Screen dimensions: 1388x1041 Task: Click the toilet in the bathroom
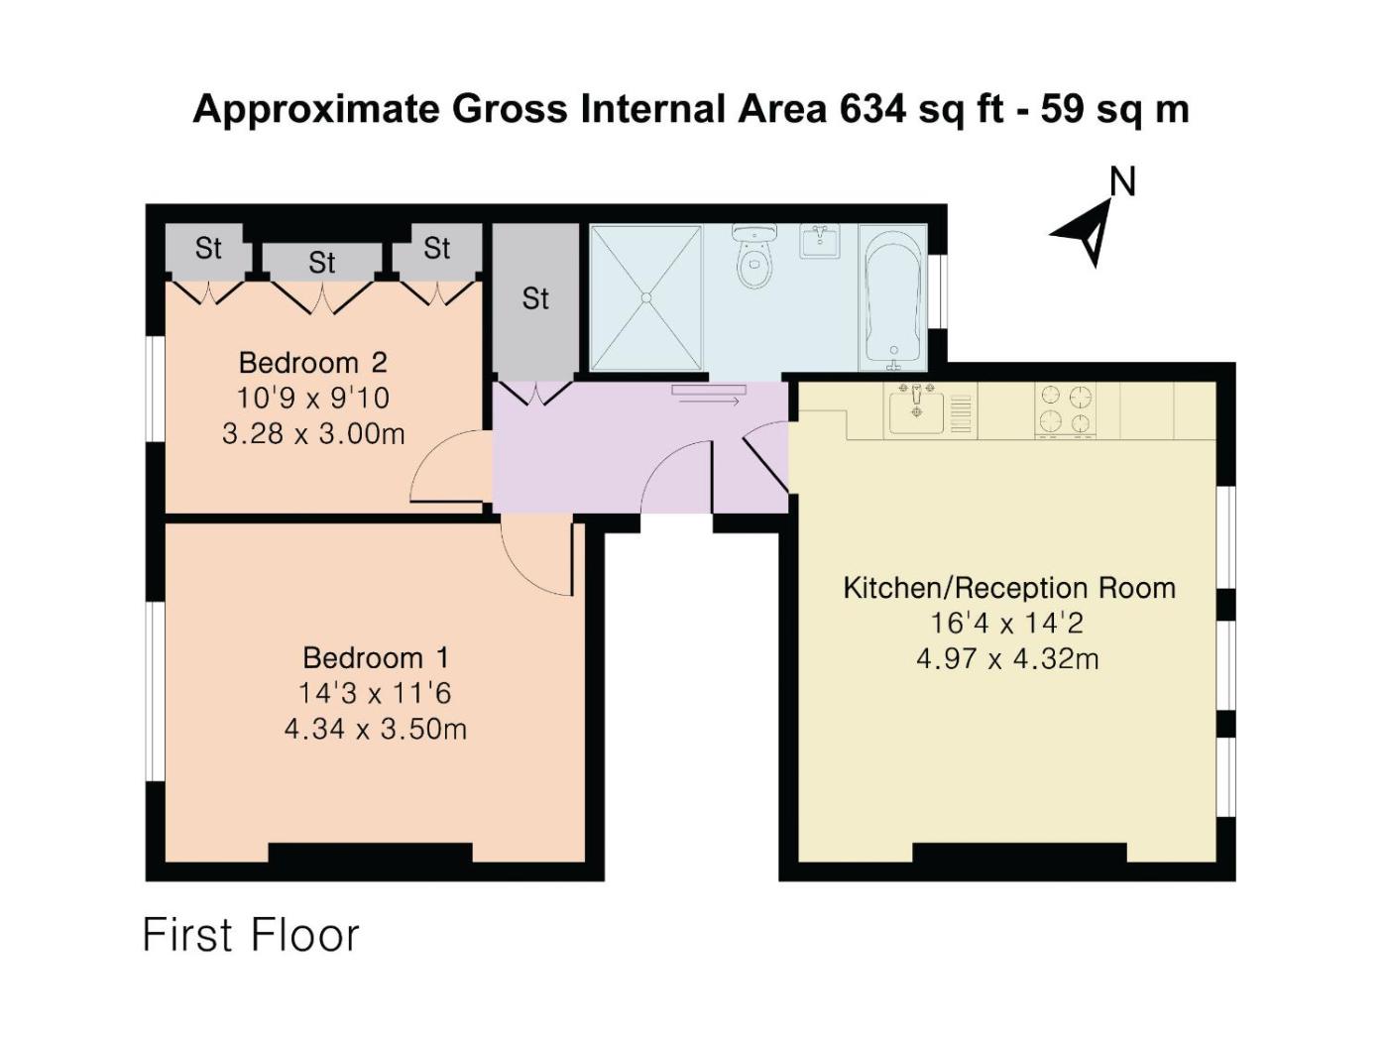[753, 256]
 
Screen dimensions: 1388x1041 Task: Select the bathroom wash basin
[820, 241]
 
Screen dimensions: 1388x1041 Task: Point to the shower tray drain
[645, 297]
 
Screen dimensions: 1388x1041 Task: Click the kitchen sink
[916, 409]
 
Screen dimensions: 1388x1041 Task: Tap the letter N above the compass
[1122, 182]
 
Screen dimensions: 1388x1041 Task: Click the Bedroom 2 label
[313, 363]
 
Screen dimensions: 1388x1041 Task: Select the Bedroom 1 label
[376, 658]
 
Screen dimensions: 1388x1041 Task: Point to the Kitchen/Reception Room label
[1009, 589]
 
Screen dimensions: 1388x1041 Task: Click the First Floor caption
[251, 935]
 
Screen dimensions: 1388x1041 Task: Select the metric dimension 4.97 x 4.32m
[1008, 659]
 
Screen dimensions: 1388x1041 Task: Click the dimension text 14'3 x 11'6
[375, 693]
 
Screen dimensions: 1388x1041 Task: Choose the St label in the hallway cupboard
[535, 298]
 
